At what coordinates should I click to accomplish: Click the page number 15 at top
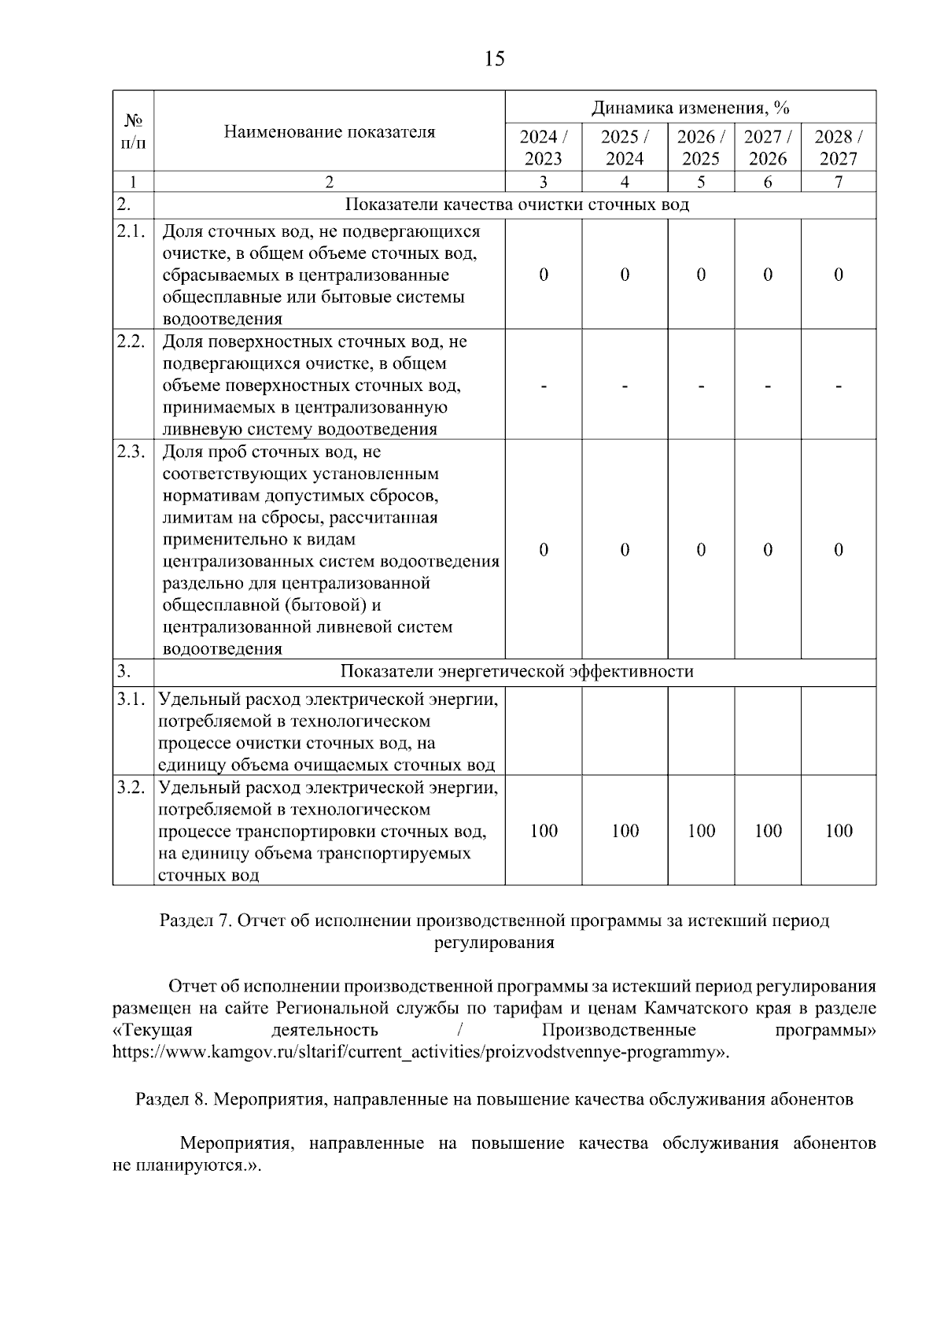point(494,59)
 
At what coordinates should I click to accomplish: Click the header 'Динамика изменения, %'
point(690,107)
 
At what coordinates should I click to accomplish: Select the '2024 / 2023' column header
point(543,147)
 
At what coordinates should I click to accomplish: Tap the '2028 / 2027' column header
point(838,147)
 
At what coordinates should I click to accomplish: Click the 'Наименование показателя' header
point(329,131)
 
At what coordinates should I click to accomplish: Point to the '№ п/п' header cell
point(133,131)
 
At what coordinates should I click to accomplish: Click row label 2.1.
point(131,231)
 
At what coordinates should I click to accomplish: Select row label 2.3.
point(131,452)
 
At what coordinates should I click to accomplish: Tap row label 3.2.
point(131,788)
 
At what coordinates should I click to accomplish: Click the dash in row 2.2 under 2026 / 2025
point(700,386)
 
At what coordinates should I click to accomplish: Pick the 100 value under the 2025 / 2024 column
point(625,831)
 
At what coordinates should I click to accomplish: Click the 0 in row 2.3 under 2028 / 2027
point(838,549)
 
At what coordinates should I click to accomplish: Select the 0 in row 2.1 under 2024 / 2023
point(543,274)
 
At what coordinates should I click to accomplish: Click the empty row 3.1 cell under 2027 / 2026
point(767,732)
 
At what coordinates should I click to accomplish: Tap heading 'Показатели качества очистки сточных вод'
point(517,205)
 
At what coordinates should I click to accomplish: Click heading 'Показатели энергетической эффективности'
point(517,671)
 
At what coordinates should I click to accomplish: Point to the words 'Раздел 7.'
point(194,921)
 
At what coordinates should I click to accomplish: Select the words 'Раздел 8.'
point(170,1099)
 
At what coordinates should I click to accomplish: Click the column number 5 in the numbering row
point(700,182)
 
